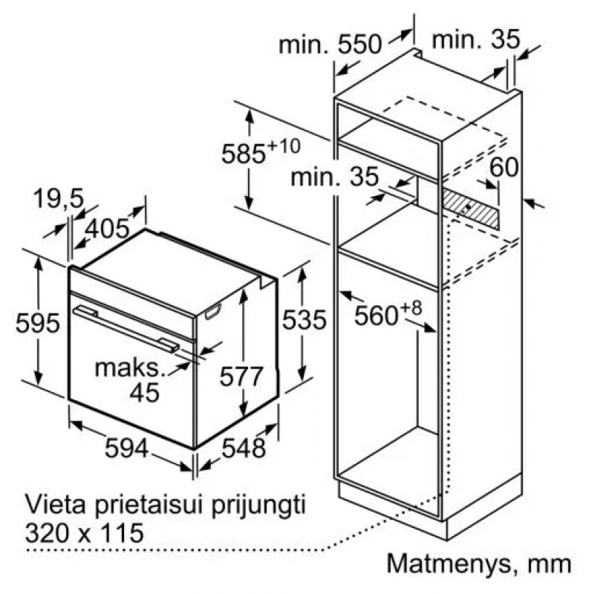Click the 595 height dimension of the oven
(38, 323)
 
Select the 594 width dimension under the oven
(126, 448)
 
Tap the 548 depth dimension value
(244, 448)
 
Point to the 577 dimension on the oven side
(241, 376)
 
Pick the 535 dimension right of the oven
(305, 319)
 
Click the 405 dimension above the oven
(106, 229)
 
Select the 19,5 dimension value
(59, 198)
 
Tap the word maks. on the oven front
(131, 368)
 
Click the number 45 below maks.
(144, 393)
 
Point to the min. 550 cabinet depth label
(330, 45)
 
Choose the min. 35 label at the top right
(476, 39)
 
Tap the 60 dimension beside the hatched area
(504, 167)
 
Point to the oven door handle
(126, 329)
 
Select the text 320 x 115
(84, 533)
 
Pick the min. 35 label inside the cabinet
(335, 177)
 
